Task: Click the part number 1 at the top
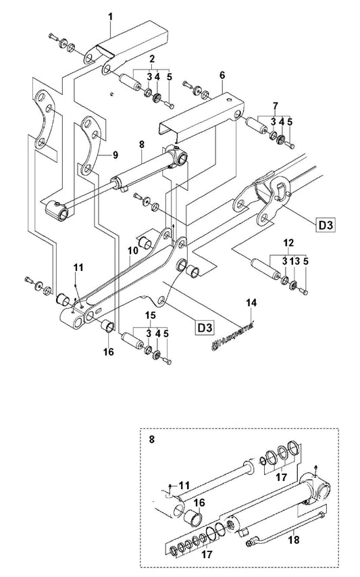pyautogui.click(x=111, y=17)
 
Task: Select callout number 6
pyautogui.click(x=222, y=75)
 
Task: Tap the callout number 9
pyautogui.click(x=115, y=155)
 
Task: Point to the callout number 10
pyautogui.click(x=133, y=250)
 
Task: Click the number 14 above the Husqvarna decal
pyautogui.click(x=252, y=303)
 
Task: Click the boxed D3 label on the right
pyautogui.click(x=326, y=225)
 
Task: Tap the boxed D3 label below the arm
pyautogui.click(x=205, y=327)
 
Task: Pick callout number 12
pyautogui.click(x=288, y=243)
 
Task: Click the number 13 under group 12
pyautogui.click(x=296, y=261)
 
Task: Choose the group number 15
pyautogui.click(x=151, y=316)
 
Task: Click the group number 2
pyautogui.click(x=152, y=59)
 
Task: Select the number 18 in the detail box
pyautogui.click(x=294, y=540)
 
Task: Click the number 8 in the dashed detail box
pyautogui.click(x=152, y=439)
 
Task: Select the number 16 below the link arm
pyautogui.click(x=109, y=352)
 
